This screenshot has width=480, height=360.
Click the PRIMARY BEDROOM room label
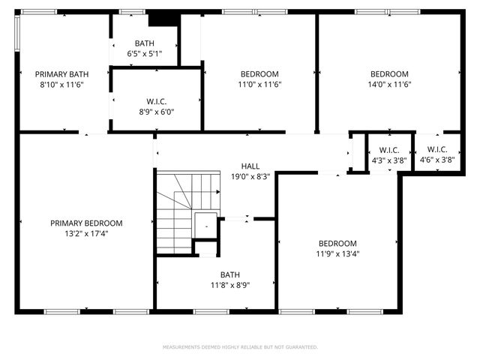click(86, 223)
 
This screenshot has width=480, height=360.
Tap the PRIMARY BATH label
click(62, 73)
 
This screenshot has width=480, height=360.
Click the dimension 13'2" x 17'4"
click(86, 233)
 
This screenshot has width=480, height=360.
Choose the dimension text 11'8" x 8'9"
click(229, 285)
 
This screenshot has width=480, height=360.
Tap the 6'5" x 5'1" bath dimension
click(144, 54)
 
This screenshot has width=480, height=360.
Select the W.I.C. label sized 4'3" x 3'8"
click(390, 149)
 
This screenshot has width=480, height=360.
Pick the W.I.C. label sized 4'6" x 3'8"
click(437, 149)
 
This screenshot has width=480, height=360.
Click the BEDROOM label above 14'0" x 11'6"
click(389, 73)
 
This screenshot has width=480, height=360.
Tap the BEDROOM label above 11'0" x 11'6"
click(259, 73)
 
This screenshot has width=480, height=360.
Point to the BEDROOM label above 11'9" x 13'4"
click(337, 243)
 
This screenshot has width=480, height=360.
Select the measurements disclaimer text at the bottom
click(240, 347)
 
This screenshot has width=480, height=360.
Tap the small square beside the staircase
click(205, 225)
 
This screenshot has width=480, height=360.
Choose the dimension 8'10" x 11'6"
click(62, 84)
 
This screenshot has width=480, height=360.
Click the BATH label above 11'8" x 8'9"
click(229, 274)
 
